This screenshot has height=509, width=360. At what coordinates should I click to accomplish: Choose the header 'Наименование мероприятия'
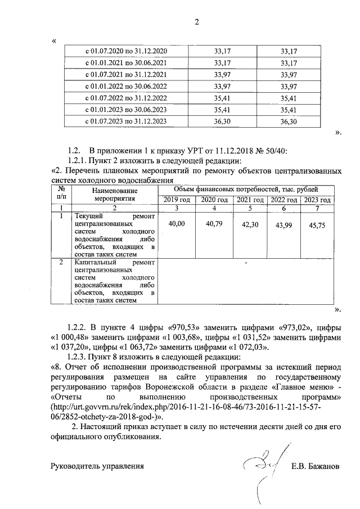tap(114, 195)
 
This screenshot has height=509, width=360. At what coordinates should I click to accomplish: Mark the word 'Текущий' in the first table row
tap(87, 215)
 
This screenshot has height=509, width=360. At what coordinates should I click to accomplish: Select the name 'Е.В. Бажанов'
tap(316, 466)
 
